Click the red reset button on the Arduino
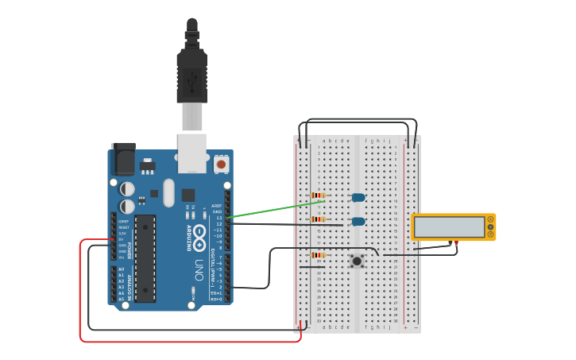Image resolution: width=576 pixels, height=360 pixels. tap(221, 164)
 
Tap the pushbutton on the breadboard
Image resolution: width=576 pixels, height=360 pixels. tap(358, 260)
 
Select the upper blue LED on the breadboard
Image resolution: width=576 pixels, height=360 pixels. tap(358, 197)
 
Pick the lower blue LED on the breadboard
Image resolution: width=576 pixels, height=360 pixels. tap(358, 222)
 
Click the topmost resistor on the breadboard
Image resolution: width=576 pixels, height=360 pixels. tap(319, 195)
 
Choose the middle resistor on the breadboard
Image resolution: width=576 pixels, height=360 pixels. tap(319, 219)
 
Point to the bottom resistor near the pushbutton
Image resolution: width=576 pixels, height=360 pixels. tap(319, 255)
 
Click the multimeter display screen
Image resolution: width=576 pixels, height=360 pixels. tap(449, 227)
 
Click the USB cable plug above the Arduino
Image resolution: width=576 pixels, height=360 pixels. tap(191, 79)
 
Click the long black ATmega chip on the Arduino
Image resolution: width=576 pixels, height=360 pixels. tap(145, 257)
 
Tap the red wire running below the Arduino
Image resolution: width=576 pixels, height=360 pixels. tap(191, 342)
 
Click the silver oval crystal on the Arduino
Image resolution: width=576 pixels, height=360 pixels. tap(168, 192)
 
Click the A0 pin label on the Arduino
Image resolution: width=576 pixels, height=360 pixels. tap(121, 269)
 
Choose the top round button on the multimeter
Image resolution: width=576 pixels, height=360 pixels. tap(490, 220)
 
